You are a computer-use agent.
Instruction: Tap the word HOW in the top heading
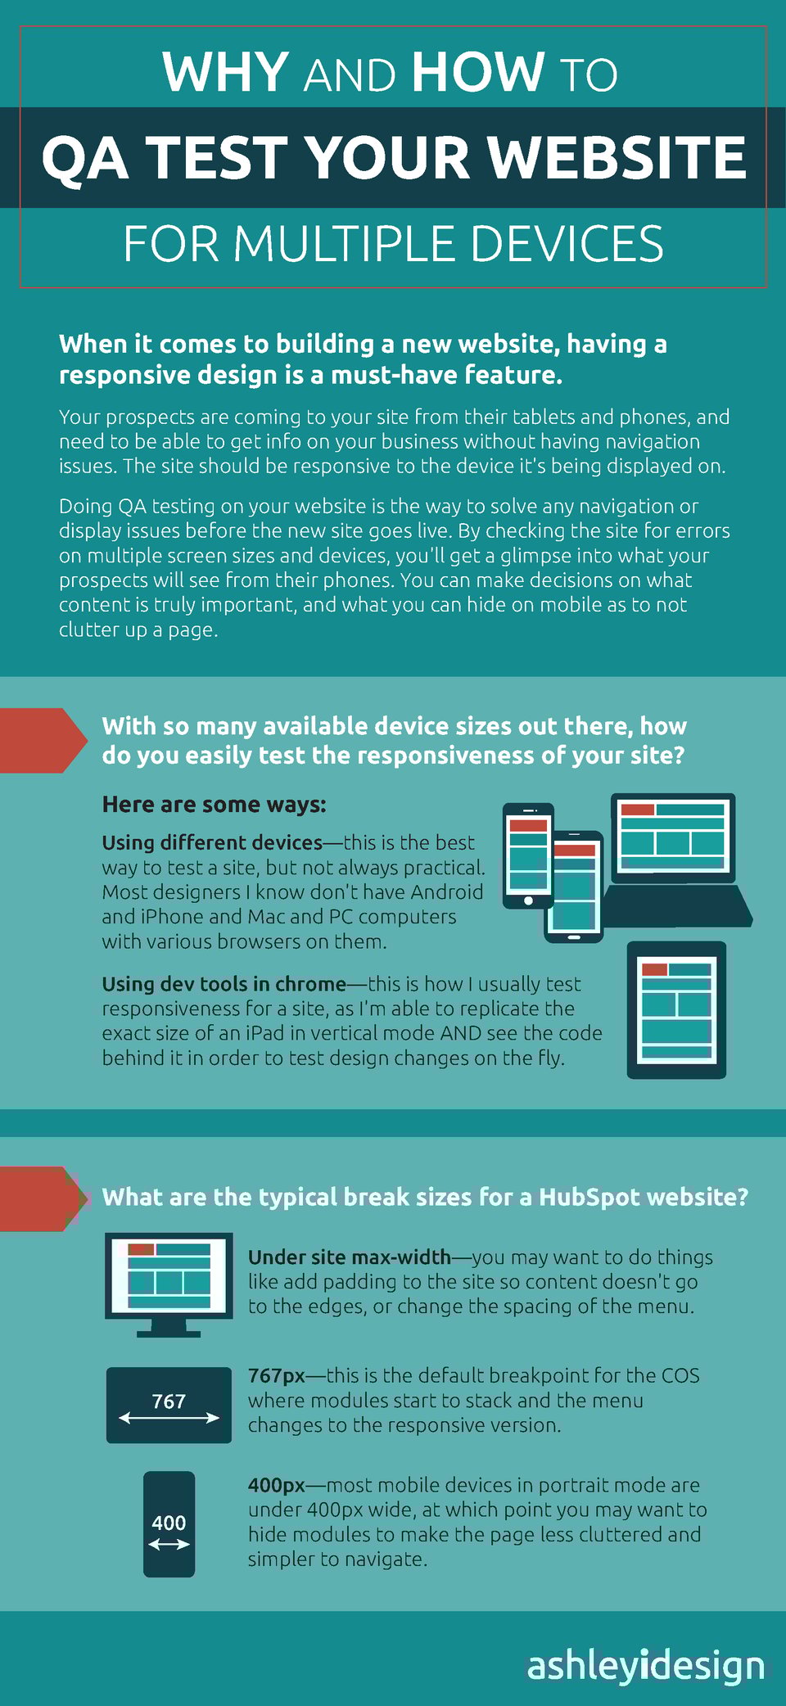coord(478,72)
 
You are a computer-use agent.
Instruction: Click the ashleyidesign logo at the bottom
coord(645,1665)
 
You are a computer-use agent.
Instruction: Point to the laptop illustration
coord(676,861)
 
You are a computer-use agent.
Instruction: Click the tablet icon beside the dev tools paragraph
coord(676,1009)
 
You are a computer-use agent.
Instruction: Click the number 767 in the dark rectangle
coord(169,1401)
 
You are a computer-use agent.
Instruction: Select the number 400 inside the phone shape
coord(169,1523)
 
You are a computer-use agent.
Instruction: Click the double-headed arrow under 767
coord(169,1418)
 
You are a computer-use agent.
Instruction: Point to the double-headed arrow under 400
coord(169,1544)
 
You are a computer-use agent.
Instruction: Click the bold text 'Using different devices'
coord(212,842)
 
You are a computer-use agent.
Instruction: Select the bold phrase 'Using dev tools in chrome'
coord(224,984)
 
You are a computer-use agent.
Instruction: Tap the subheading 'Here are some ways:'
coord(214,805)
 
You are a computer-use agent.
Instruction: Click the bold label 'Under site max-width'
coord(350,1257)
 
